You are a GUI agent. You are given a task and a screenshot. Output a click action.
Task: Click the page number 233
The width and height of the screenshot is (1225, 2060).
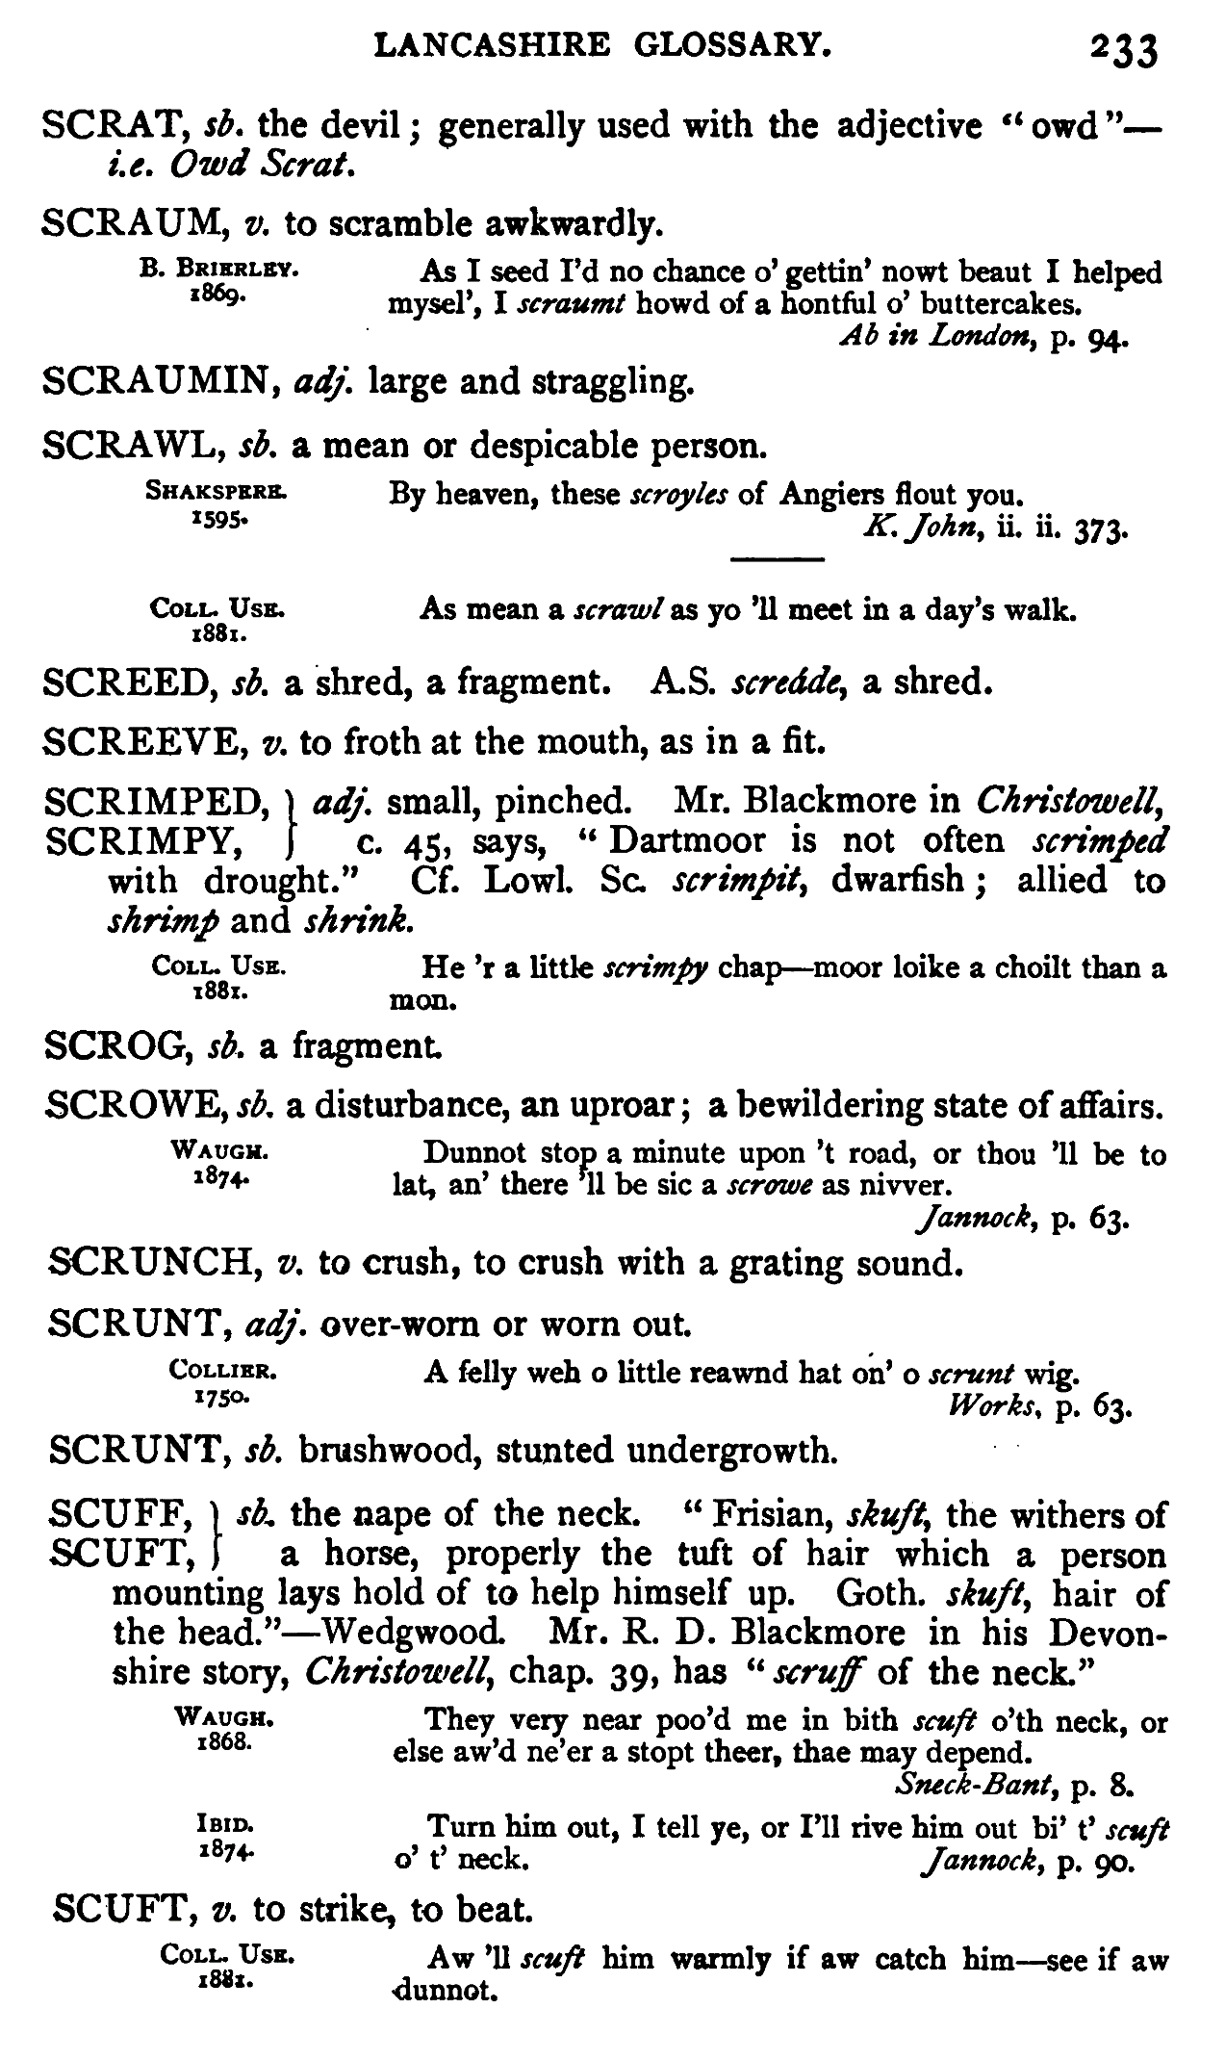tap(1122, 48)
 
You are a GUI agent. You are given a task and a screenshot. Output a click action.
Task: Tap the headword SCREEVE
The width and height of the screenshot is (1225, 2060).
tap(135, 741)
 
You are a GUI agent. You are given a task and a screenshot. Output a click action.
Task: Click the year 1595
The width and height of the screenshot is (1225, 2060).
tap(220, 517)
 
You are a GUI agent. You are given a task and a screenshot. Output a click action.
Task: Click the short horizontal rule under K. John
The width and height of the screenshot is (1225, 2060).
tap(778, 559)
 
